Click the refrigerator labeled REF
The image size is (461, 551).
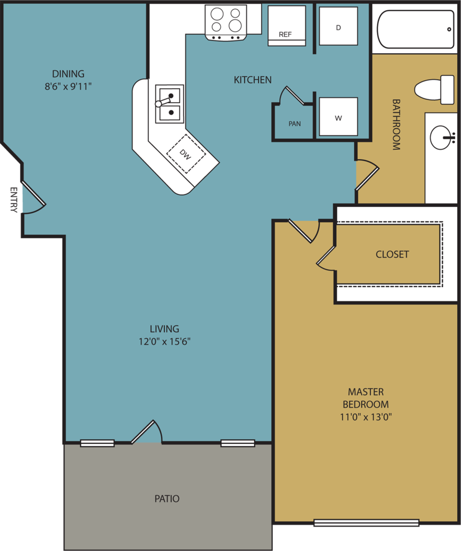287,25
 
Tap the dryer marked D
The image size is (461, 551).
338,26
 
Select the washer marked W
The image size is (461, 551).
338,117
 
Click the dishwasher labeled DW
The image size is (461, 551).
186,154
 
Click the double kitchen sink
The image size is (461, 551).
169,104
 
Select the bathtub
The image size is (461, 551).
416,29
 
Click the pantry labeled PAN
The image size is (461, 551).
294,124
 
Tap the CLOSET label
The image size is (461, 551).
392,254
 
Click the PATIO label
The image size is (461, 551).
167,498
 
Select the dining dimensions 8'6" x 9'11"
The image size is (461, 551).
68,86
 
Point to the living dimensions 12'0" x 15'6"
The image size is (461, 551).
164,341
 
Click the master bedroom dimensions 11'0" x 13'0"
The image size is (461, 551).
365,417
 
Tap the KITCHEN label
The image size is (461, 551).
252,80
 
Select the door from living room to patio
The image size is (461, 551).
147,433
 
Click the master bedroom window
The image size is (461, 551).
366,523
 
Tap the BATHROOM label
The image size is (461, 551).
396,124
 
